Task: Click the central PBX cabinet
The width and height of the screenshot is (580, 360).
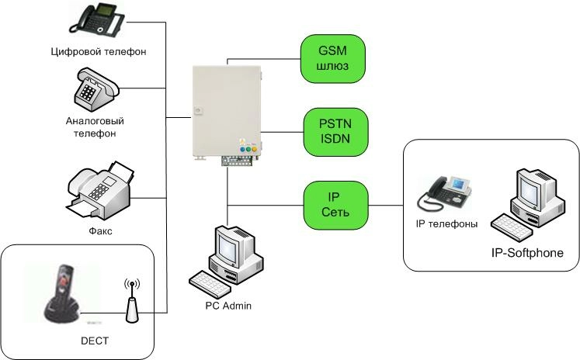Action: [x=226, y=110]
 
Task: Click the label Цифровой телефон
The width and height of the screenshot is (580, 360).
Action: [x=97, y=51]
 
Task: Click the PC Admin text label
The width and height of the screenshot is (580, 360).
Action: [x=228, y=306]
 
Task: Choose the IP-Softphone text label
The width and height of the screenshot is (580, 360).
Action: [x=527, y=253]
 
